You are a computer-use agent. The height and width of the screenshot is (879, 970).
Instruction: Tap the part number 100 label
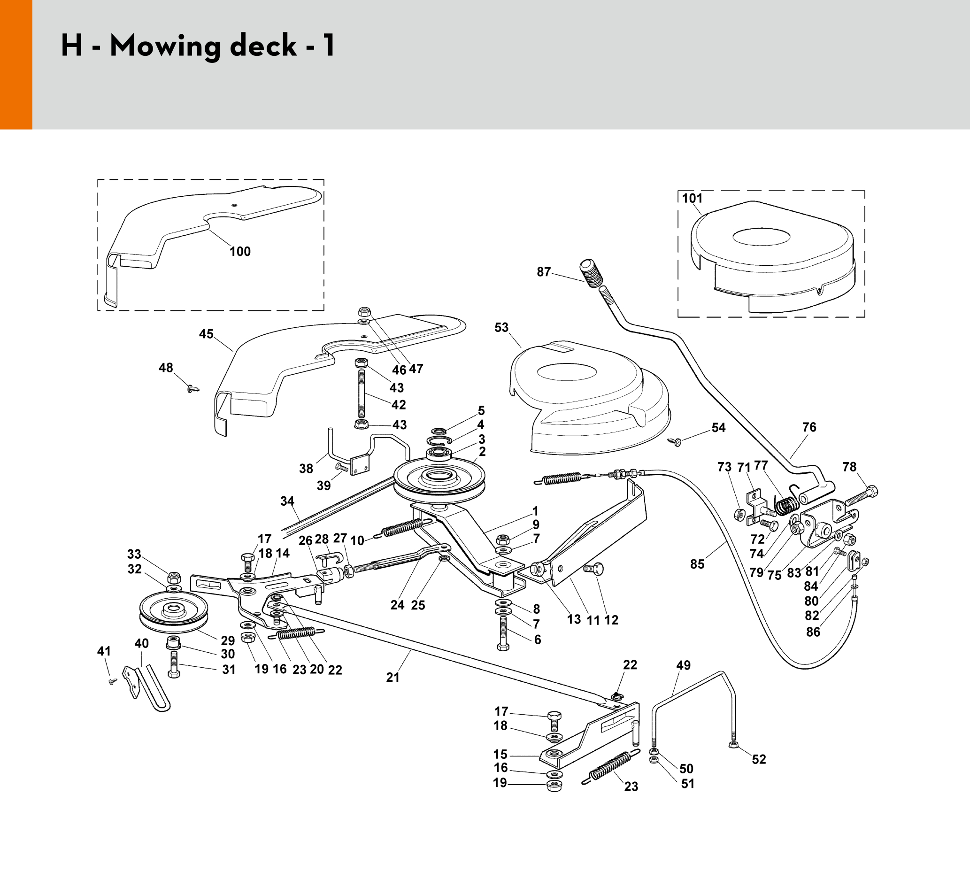(239, 252)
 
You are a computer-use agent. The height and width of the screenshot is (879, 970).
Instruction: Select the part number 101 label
(693, 198)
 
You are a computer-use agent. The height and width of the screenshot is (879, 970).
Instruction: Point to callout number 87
(544, 272)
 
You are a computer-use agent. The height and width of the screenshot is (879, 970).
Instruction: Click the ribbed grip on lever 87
(591, 274)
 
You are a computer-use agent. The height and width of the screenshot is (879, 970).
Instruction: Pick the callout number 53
(501, 327)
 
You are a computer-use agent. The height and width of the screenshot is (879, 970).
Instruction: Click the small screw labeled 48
(192, 388)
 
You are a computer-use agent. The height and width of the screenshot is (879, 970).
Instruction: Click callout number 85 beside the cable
(697, 564)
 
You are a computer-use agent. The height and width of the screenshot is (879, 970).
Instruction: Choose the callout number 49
(683, 665)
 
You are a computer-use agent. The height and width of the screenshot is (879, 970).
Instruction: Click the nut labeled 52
(734, 745)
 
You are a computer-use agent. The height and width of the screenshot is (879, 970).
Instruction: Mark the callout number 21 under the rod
(393, 678)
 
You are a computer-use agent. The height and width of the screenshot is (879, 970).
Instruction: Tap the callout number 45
(206, 334)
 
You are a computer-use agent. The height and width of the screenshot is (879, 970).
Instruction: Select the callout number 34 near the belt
(287, 501)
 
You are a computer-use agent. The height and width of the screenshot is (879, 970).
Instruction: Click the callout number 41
(104, 651)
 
